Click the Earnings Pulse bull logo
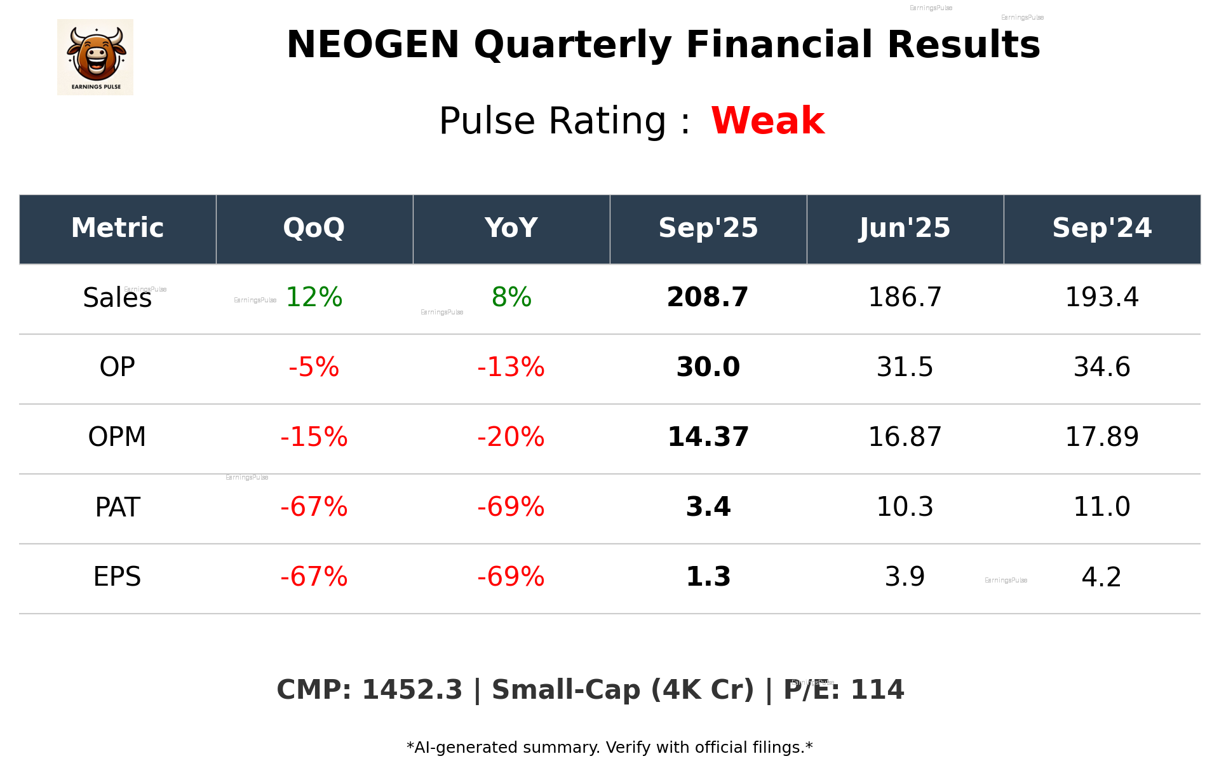pyautogui.click(x=95, y=57)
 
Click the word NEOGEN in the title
pyautogui.click(x=373, y=45)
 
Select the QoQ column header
pyautogui.click(x=314, y=228)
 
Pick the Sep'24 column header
pyautogui.click(x=1101, y=228)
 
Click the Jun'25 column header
pyautogui.click(x=905, y=228)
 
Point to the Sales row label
pyautogui.click(x=117, y=298)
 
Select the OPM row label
pyautogui.click(x=117, y=437)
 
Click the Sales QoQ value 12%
pyautogui.click(x=314, y=297)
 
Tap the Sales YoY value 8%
pyautogui.click(x=511, y=297)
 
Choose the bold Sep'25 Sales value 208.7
pyautogui.click(x=708, y=297)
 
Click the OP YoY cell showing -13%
pyautogui.click(x=511, y=367)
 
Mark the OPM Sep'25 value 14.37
pyautogui.click(x=708, y=437)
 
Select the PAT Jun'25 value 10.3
pyautogui.click(x=905, y=507)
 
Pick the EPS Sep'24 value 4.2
pyautogui.click(x=1101, y=577)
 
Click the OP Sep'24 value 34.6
pyautogui.click(x=1101, y=367)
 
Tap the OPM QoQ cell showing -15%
pyautogui.click(x=314, y=437)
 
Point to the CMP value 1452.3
pyautogui.click(x=412, y=691)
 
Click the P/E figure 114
pyautogui.click(x=877, y=691)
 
